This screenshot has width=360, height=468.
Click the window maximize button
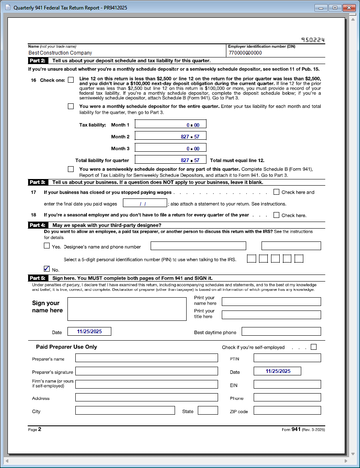(x=335, y=8)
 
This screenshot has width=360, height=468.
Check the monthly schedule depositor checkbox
(x=71, y=106)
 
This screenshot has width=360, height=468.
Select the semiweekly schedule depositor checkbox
(x=71, y=169)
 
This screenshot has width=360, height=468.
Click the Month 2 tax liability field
(x=170, y=136)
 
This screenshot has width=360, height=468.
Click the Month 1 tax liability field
(x=170, y=125)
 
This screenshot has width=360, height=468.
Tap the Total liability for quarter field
(x=170, y=160)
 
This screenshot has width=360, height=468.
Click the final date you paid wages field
(x=145, y=203)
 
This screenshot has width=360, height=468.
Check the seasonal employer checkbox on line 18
(x=276, y=215)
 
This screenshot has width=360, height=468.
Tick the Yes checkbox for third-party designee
(x=47, y=246)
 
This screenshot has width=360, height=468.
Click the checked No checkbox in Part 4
(x=47, y=269)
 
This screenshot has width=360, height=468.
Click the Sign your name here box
(x=127, y=309)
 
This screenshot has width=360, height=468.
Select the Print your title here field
(x=271, y=315)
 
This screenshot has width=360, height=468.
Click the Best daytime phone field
(x=281, y=332)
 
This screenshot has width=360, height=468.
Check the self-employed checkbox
(x=314, y=347)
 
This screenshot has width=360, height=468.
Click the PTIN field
(x=287, y=358)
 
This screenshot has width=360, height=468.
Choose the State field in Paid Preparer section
(x=208, y=411)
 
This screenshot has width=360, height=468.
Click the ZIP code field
(x=287, y=411)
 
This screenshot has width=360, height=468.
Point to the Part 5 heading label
(x=37, y=278)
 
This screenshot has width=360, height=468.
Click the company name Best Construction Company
(x=60, y=53)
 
